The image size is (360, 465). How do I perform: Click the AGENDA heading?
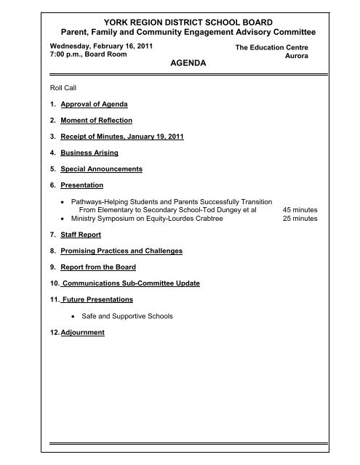187,64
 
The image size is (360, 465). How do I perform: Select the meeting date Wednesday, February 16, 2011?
81,45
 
